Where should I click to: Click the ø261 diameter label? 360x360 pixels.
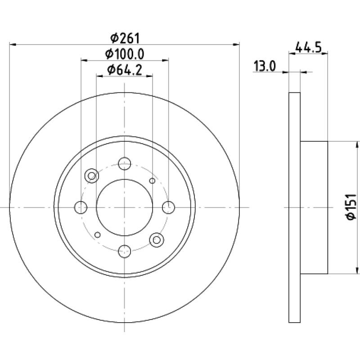(x=125, y=38)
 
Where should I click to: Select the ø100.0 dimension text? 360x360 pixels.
(x=125, y=54)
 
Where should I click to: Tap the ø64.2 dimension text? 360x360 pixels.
(x=125, y=70)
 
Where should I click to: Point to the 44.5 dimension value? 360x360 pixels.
(x=308, y=47)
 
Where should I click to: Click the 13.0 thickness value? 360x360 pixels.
(x=265, y=66)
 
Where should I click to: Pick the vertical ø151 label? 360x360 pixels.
(x=351, y=207)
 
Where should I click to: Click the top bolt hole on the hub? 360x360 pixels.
(x=125, y=163)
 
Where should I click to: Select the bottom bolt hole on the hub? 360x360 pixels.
(x=125, y=251)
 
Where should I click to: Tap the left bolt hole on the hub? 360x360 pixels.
(x=81, y=207)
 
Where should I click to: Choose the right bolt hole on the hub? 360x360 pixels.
(x=168, y=207)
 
